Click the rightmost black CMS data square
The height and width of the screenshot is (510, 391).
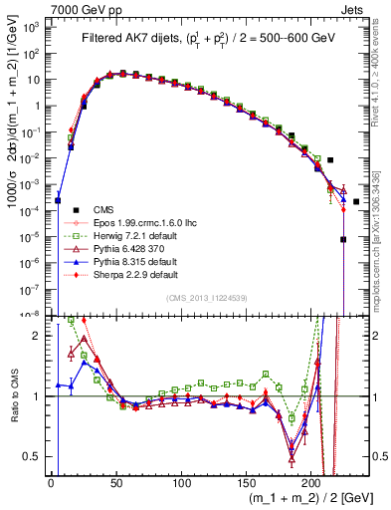point(356,201)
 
